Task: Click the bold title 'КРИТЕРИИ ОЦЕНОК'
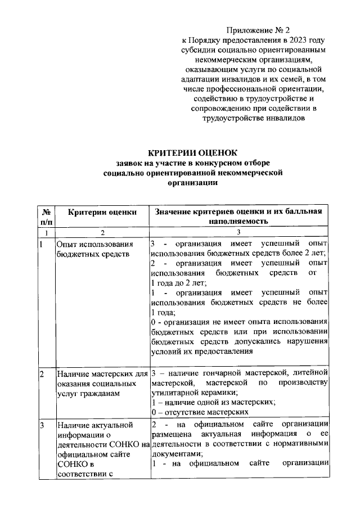(x=192, y=152)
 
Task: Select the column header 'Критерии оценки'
(x=101, y=211)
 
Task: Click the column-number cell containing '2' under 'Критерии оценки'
(x=102, y=232)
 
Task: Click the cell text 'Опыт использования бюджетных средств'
(x=94, y=249)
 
